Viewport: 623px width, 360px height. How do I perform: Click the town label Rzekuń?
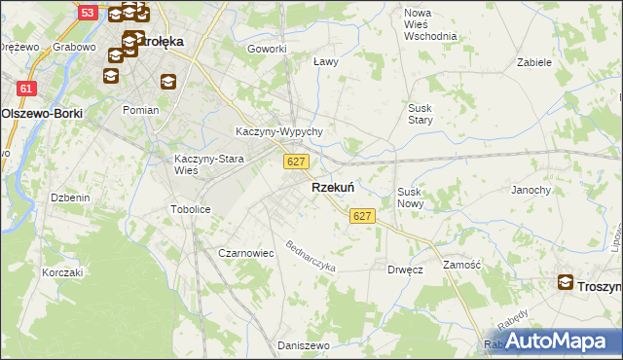click(332, 187)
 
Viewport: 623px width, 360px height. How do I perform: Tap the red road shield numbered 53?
click(88, 13)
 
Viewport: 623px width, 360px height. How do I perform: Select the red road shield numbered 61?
click(26, 89)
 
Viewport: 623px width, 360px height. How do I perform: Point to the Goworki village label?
click(267, 49)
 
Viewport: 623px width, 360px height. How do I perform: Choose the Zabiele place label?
click(534, 61)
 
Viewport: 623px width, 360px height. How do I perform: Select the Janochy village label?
click(531, 190)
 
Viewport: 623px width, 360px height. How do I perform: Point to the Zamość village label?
click(462, 264)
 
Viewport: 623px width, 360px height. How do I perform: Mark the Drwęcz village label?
click(404, 270)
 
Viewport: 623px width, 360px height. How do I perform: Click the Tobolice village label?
click(191, 209)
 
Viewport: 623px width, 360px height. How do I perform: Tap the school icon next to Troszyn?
click(566, 283)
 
